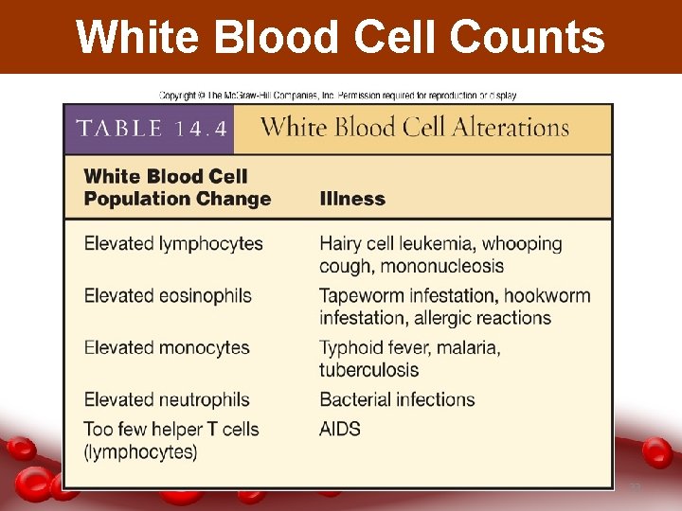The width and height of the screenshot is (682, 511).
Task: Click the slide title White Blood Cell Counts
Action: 340,37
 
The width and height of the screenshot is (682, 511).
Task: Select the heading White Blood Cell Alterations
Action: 415,129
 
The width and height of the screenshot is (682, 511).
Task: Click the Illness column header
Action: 352,199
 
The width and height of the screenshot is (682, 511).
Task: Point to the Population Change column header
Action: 177,199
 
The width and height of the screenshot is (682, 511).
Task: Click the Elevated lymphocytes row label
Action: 173,243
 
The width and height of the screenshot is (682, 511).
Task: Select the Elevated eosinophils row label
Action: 168,295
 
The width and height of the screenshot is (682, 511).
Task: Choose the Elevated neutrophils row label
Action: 167,399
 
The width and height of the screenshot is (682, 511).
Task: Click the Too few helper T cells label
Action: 171,429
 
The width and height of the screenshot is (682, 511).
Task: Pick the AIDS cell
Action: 340,429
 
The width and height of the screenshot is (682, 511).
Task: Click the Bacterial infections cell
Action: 397,399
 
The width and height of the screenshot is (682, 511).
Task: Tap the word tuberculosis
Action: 369,370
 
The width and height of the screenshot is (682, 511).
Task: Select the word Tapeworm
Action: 361,295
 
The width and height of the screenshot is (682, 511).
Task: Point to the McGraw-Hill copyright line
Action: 338,96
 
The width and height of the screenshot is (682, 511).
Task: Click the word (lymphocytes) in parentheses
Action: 141,451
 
